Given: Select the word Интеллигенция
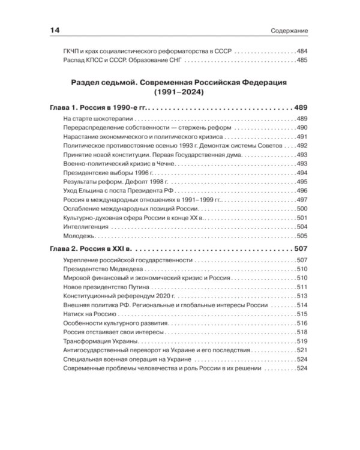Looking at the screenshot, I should tap(85, 227).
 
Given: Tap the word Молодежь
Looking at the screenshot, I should tap(79, 236).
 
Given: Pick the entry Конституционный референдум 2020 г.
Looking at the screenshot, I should tap(115, 296).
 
